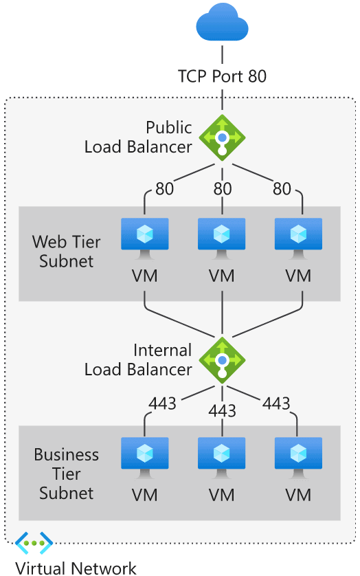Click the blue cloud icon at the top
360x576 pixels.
tap(222, 25)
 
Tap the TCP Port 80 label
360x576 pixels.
tap(222, 75)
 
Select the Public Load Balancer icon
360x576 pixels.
tap(222, 137)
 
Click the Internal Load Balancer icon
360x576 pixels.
tap(222, 359)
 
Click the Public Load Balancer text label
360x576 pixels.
tap(138, 137)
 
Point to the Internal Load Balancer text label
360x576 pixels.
tap(138, 360)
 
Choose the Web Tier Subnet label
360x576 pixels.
tap(67, 252)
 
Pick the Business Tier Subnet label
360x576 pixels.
tap(67, 474)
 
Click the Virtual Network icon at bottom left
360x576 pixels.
tap(34, 542)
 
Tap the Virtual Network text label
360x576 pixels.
tap(76, 568)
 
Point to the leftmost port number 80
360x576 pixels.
tap(164, 188)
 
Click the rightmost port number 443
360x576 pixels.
tap(277, 403)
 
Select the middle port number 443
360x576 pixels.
tap(222, 411)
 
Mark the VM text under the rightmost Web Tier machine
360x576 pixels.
tap(298, 276)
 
